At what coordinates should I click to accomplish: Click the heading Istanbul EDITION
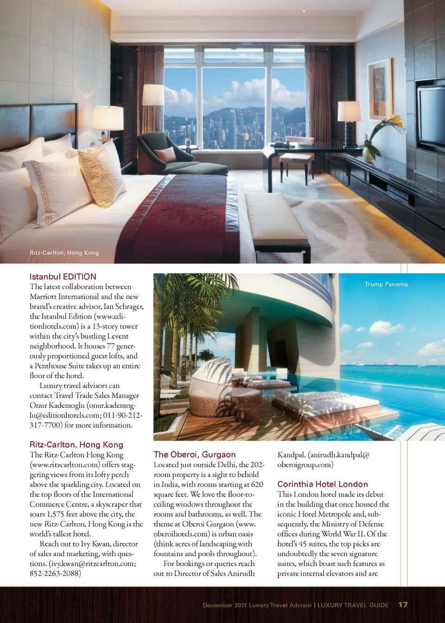tap(63, 277)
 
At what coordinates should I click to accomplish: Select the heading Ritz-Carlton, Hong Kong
tap(76, 445)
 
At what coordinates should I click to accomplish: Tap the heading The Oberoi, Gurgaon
tap(195, 454)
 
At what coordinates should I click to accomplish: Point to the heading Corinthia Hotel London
tap(323, 484)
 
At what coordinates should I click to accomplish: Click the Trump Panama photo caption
tap(386, 284)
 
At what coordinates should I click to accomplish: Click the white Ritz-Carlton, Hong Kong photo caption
tap(64, 253)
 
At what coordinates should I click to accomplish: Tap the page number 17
tap(403, 604)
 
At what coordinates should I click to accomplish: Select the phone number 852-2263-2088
tap(55, 573)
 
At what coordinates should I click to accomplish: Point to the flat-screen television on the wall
tap(431, 116)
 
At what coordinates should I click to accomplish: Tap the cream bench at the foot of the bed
tap(276, 218)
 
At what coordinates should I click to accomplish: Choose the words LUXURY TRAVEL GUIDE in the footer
tap(353, 605)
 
